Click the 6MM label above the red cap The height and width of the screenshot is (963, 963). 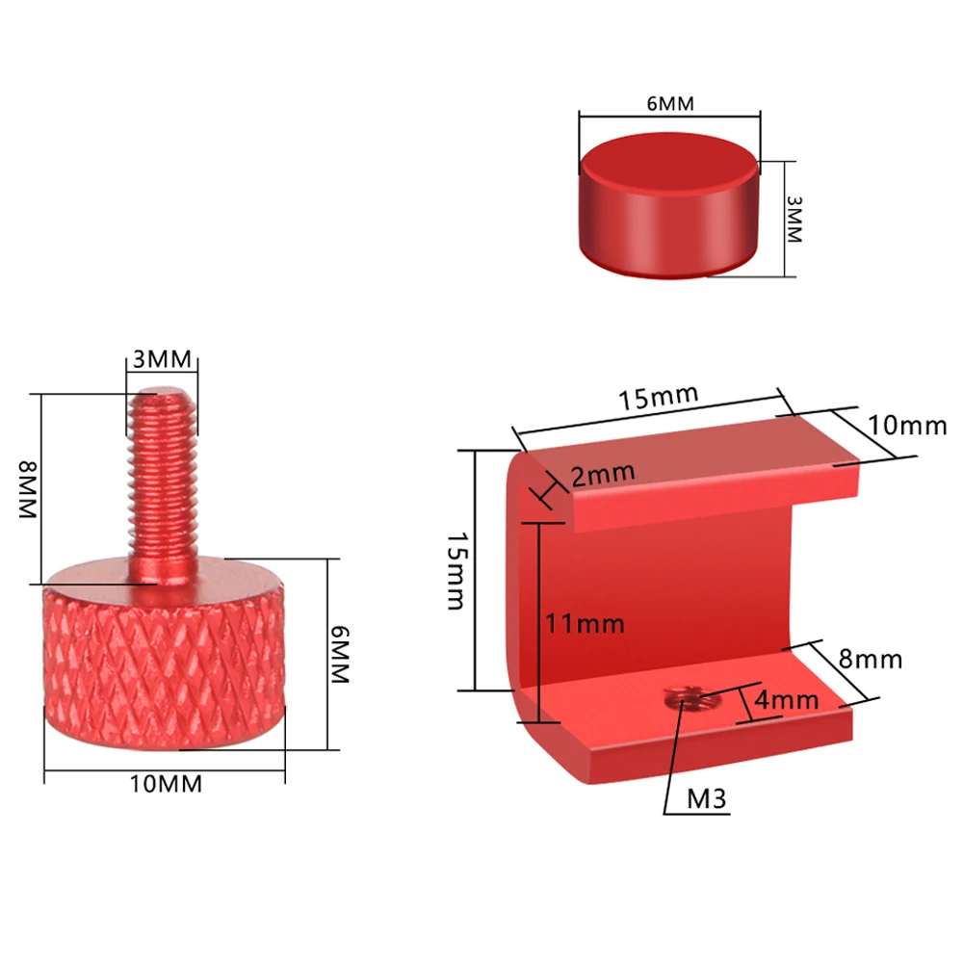click(670, 104)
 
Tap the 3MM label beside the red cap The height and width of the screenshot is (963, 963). click(794, 220)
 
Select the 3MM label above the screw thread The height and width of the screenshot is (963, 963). click(163, 360)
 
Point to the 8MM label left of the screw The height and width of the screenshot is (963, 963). click(26, 490)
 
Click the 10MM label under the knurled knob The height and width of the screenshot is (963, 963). click(167, 784)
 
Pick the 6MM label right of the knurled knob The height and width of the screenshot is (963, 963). click(339, 654)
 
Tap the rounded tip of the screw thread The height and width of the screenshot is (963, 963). click(163, 393)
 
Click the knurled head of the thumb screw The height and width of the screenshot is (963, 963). click(164, 664)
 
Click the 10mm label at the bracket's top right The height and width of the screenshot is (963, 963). click(907, 425)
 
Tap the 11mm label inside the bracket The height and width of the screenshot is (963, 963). click(585, 623)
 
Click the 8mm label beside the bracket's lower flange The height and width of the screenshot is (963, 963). click(871, 660)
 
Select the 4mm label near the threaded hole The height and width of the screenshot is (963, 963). click(786, 700)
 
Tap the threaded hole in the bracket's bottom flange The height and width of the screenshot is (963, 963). click(685, 695)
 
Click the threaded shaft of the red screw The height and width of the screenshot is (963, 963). click(162, 481)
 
